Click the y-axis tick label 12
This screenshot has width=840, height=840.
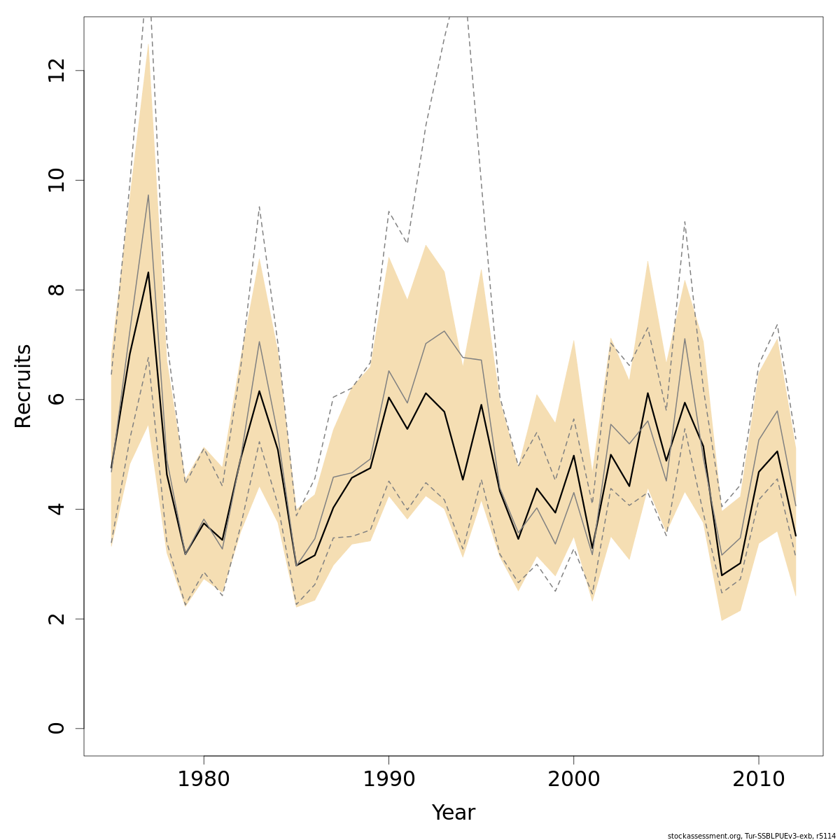pos(56,71)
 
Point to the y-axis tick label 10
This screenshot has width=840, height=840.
pos(56,180)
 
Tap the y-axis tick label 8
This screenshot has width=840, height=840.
pos(56,290)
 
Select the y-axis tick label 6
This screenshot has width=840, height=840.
pos(56,399)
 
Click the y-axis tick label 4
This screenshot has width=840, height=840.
pos(56,509)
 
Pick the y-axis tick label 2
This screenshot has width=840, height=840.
pos(56,619)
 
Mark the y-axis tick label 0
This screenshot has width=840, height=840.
pos(56,728)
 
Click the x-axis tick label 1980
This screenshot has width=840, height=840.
pos(204,780)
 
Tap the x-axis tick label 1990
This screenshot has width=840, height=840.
pos(388,780)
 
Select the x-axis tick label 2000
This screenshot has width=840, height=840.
pos(573,780)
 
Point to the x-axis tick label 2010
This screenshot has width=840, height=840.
pos(758,780)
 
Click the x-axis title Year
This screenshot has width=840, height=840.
pos(453,813)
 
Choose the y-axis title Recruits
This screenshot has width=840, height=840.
pos(23,386)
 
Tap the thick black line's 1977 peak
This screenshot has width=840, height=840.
pos(148,272)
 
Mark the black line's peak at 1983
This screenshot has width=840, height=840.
pos(259,391)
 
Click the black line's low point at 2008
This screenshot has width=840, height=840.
pos(722,575)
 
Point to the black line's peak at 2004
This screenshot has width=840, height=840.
pos(647,393)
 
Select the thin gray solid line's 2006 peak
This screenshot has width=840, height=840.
pos(685,339)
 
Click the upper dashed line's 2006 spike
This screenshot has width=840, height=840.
pos(685,221)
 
